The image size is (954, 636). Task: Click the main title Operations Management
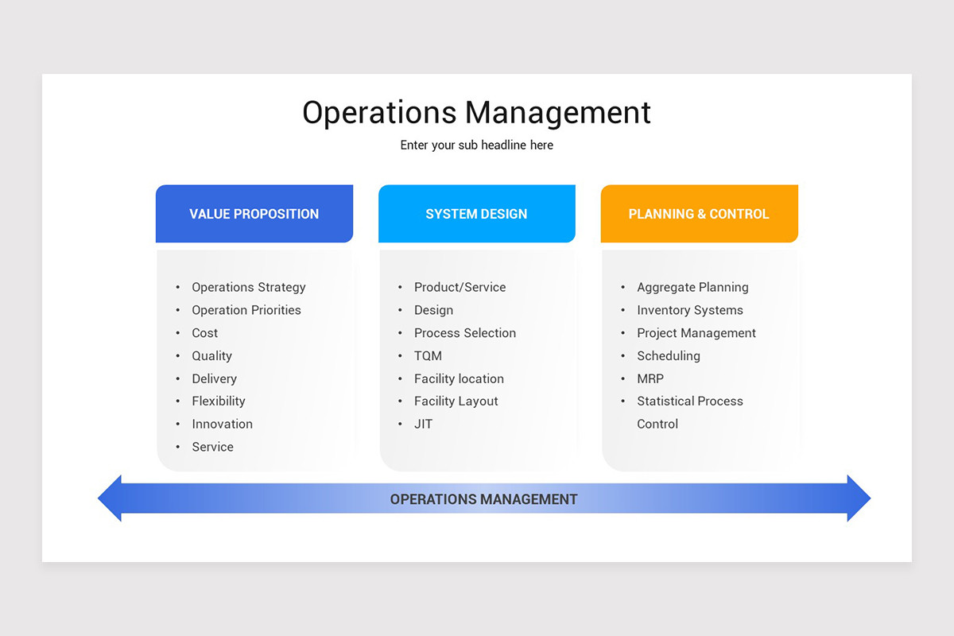(476, 113)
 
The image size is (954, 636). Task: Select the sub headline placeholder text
(476, 145)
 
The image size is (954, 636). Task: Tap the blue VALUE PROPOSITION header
(254, 214)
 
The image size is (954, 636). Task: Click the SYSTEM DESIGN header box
(476, 214)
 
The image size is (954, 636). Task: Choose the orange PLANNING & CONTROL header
(699, 214)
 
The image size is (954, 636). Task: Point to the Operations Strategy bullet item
(248, 287)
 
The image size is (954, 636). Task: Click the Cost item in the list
(204, 333)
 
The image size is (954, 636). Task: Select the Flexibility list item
(218, 401)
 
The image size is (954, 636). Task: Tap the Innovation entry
(222, 425)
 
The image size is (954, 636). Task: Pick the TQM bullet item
(428, 356)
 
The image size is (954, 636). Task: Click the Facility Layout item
(456, 401)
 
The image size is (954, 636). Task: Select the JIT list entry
(423, 425)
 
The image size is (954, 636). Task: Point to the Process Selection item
(464, 333)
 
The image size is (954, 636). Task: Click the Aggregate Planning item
(692, 287)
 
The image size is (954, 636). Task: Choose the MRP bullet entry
(650, 379)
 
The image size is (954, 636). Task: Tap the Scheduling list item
(668, 356)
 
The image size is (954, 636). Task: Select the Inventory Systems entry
(689, 310)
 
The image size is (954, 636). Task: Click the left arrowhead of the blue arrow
(111, 498)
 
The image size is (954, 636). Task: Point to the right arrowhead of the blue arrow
(859, 498)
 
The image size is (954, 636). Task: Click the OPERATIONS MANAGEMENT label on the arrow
(483, 499)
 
